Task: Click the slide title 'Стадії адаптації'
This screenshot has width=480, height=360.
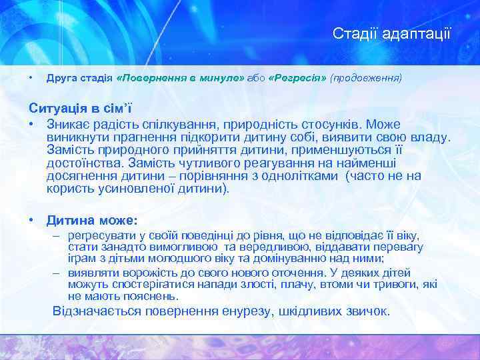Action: [x=392, y=33]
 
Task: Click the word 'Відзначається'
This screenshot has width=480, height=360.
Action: [x=99, y=311]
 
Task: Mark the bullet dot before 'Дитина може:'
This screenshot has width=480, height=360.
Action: [x=31, y=219]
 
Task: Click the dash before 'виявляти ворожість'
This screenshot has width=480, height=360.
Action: [x=57, y=272]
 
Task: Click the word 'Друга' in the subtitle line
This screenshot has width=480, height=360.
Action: [x=60, y=78]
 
